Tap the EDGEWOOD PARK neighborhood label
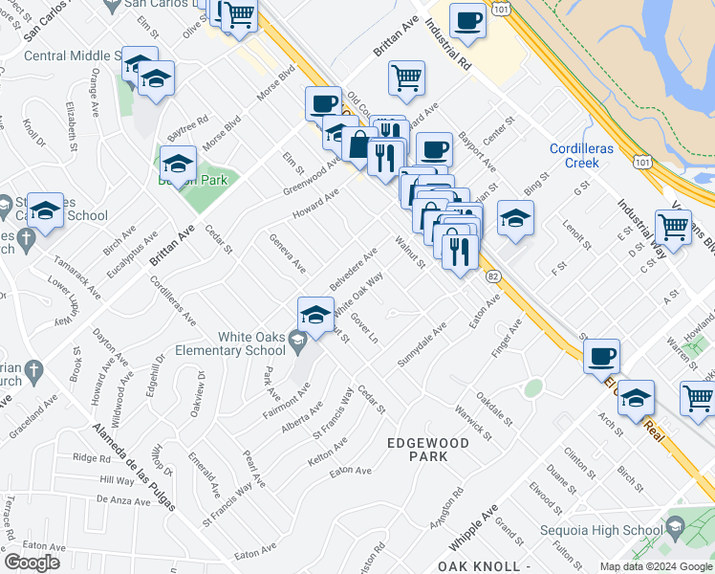pyautogui.click(x=428, y=450)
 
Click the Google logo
pyautogui.click(x=32, y=563)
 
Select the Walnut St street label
pyautogui.click(x=410, y=252)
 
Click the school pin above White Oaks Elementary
pyautogui.click(x=315, y=313)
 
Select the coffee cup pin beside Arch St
pyautogui.click(x=601, y=356)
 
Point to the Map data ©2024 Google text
pyautogui.click(x=655, y=566)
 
